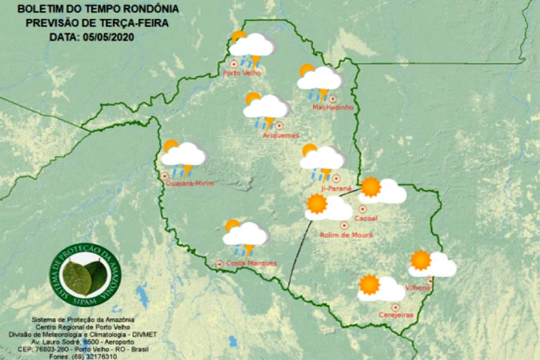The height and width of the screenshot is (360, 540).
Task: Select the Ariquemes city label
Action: coord(281,136)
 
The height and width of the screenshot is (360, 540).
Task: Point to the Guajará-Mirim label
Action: coord(191,184)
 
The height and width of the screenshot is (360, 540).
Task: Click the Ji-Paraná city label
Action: coord(336,188)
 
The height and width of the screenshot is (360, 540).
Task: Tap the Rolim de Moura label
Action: coord(346,235)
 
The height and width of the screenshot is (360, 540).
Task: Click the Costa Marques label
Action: coord(251,263)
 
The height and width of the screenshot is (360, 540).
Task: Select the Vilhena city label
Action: coord(418,288)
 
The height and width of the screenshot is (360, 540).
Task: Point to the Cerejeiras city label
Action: coord(396,315)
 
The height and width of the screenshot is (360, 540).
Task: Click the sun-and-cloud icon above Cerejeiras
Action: coord(381,288)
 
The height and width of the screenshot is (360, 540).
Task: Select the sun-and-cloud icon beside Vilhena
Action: coord(431,264)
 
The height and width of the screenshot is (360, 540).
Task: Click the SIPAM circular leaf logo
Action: coord(85,275)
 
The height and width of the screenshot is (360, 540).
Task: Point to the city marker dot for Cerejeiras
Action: coord(395,307)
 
